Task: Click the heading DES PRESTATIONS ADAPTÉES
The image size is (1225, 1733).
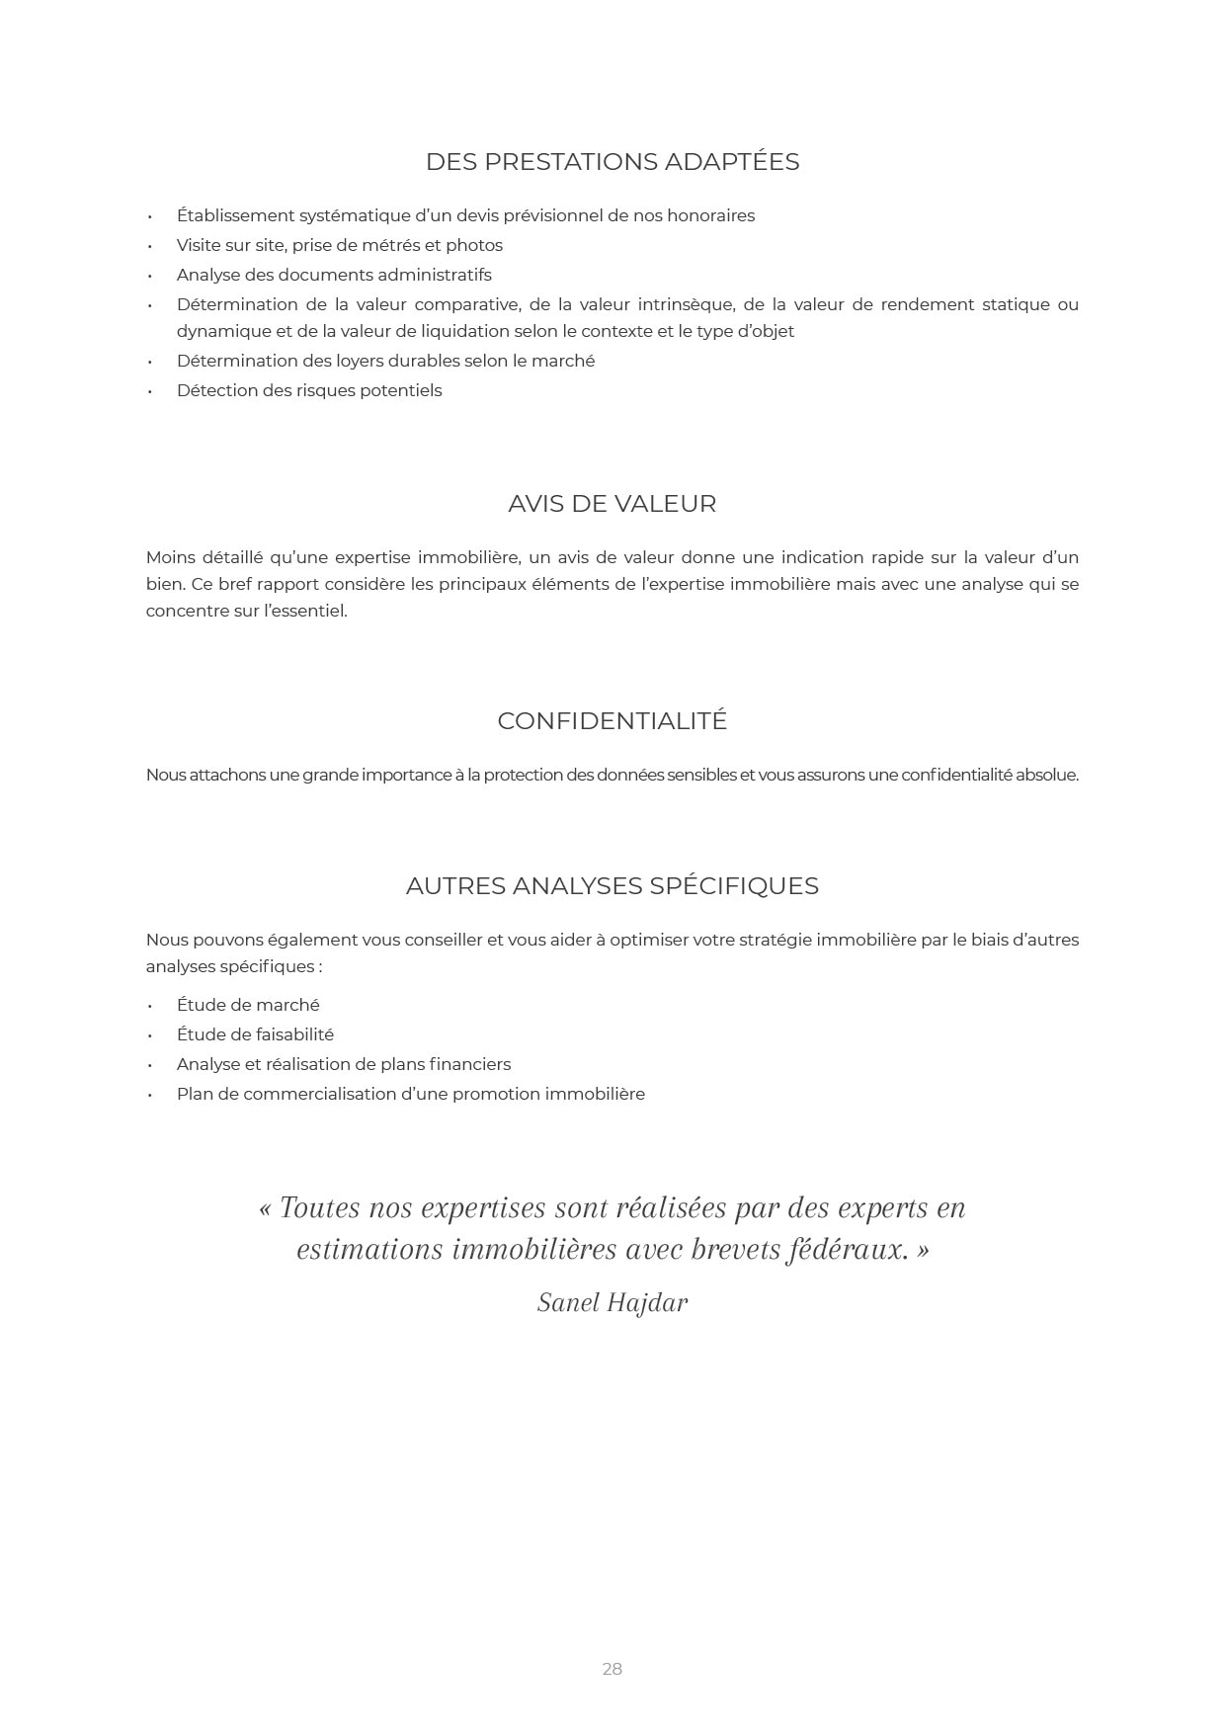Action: pyautogui.click(x=612, y=162)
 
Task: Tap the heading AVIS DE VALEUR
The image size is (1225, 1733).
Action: pyautogui.click(x=612, y=504)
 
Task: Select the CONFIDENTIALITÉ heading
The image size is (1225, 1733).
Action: pyautogui.click(x=612, y=721)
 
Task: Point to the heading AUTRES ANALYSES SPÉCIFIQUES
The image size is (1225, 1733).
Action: pyautogui.click(x=612, y=886)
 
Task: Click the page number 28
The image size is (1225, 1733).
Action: pyautogui.click(x=612, y=1669)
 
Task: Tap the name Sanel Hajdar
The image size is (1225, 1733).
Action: pyautogui.click(x=612, y=1303)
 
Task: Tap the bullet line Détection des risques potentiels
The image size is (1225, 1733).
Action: pyautogui.click(x=309, y=390)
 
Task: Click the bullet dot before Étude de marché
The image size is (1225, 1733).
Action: pyautogui.click(x=150, y=1006)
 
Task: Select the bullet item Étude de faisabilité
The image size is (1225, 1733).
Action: pyautogui.click(x=255, y=1034)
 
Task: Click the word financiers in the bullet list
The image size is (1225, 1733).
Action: pyautogui.click(x=470, y=1064)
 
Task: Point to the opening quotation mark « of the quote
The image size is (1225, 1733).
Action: pyautogui.click(x=265, y=1208)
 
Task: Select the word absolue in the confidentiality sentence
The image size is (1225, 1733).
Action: pyautogui.click(x=1046, y=775)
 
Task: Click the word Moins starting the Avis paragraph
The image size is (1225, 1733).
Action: pyautogui.click(x=171, y=557)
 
